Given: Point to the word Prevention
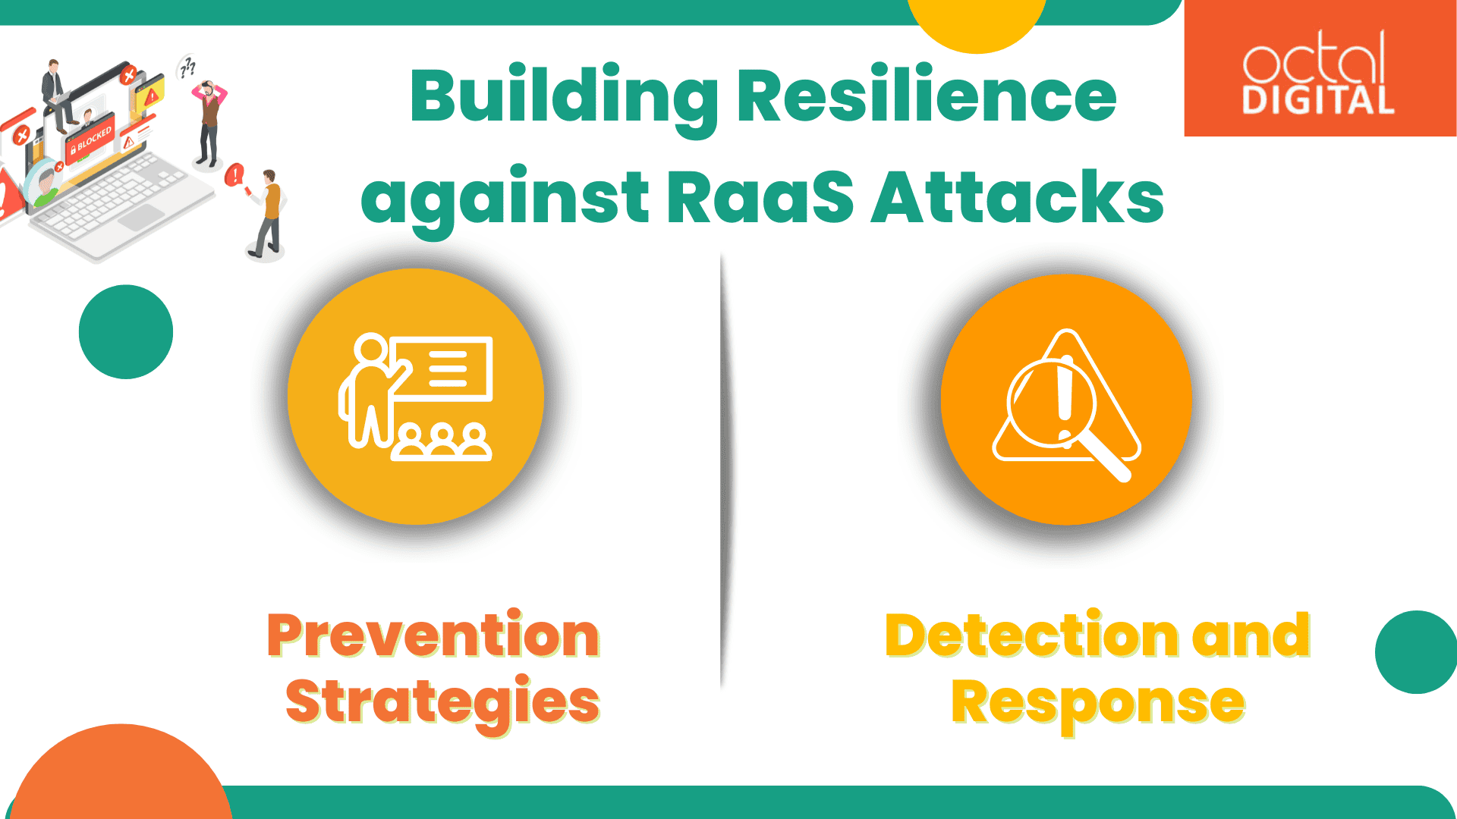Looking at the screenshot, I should pos(433,635).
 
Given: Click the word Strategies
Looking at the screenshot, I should pos(442,701).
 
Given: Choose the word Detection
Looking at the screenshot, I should pos(1032,635).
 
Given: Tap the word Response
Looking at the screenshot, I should pos(1097,701).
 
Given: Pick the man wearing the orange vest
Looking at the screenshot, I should pos(269,212).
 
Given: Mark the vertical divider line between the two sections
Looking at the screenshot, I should pos(722,470).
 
